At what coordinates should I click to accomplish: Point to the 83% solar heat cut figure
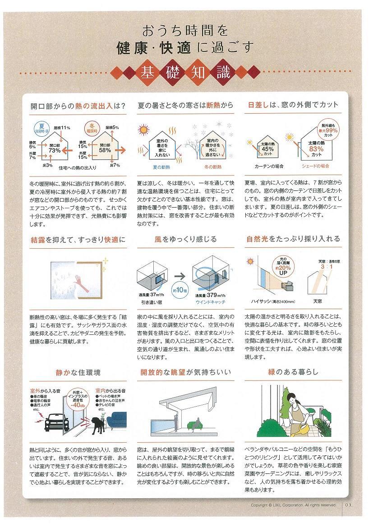point(316,149)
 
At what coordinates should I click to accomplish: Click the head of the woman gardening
point(293,396)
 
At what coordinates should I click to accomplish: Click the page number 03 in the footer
point(349,505)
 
